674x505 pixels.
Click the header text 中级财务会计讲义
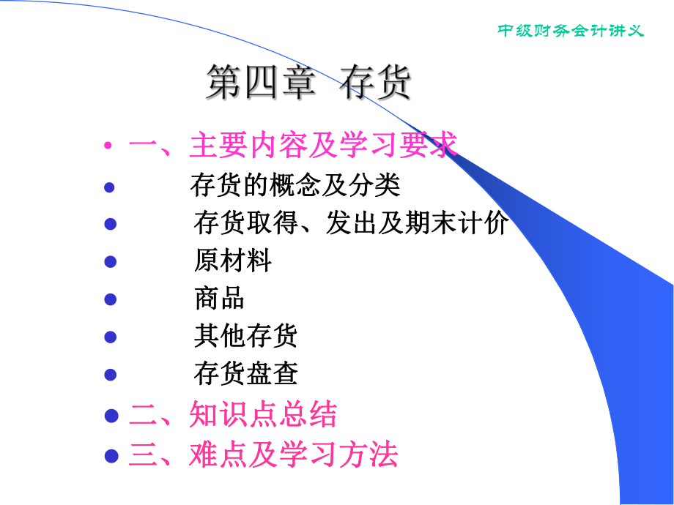click(x=571, y=31)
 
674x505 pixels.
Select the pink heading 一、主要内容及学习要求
click(x=293, y=145)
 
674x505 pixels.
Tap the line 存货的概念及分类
click(x=295, y=185)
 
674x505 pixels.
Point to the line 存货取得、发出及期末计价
click(x=351, y=223)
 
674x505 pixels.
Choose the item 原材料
click(x=233, y=261)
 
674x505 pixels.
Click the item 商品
click(x=219, y=299)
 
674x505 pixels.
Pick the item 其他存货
click(x=245, y=337)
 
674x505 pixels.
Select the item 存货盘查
click(x=245, y=375)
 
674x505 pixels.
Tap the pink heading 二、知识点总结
click(x=233, y=415)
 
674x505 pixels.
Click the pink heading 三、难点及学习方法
click(x=264, y=454)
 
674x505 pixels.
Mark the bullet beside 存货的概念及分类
click(x=110, y=187)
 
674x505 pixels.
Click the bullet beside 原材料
click(x=110, y=261)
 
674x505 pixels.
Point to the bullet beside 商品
click(x=110, y=299)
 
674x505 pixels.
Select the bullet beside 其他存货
click(x=110, y=337)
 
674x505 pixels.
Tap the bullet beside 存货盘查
click(x=110, y=375)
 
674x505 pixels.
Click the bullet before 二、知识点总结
click(x=111, y=416)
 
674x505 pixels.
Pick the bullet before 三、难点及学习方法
click(x=111, y=455)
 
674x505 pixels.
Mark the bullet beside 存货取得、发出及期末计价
click(x=110, y=224)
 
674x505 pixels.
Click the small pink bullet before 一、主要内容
click(x=108, y=146)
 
